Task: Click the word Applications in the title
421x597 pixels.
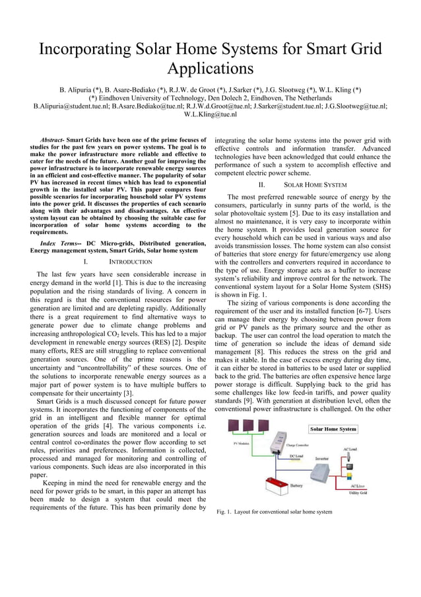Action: tap(210, 69)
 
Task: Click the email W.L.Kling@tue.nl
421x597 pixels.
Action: tap(210, 114)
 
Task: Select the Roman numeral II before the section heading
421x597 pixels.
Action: tap(262, 185)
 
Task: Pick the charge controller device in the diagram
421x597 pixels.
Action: tap(280, 441)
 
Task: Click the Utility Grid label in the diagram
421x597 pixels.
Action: tap(358, 493)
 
